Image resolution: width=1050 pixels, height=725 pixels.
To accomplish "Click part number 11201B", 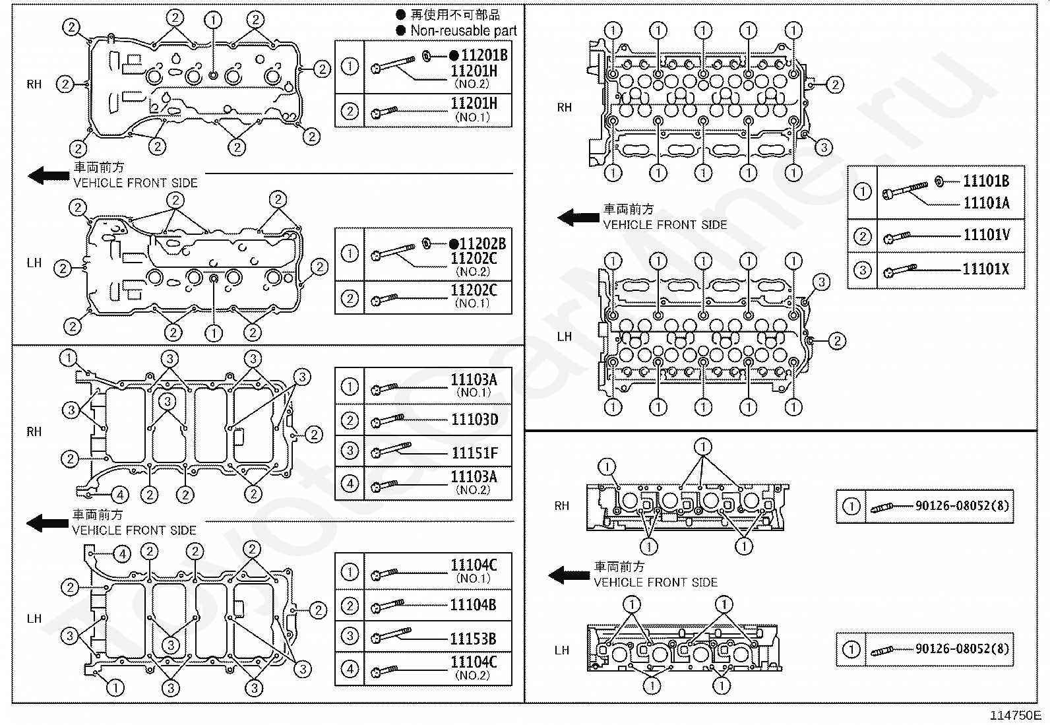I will click(x=483, y=55).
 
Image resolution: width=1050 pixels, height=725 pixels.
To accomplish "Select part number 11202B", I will click(x=483, y=244).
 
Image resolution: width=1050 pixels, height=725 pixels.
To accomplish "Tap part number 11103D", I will click(x=474, y=420).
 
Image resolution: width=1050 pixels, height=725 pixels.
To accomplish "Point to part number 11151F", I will click(x=474, y=453).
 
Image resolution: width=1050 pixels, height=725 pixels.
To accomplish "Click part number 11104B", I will click(x=473, y=605).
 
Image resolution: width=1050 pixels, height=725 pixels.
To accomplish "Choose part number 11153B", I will click(x=473, y=639).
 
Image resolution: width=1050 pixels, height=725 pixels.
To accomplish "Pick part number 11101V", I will click(x=986, y=236).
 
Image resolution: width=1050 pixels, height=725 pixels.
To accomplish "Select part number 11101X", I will click(x=986, y=269).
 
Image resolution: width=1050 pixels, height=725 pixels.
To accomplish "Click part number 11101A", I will click(x=986, y=203).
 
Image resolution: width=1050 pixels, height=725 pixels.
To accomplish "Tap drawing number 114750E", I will click(x=1014, y=715).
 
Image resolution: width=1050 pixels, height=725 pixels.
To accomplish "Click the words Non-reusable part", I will click(x=464, y=30).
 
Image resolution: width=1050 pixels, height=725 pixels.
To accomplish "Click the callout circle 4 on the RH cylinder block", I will click(x=119, y=494).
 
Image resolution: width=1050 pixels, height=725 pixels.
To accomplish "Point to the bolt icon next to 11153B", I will click(x=390, y=637).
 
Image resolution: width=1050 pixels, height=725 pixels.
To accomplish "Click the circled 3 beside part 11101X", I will click(x=862, y=270).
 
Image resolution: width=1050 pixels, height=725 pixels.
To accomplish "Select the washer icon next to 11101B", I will click(x=939, y=181).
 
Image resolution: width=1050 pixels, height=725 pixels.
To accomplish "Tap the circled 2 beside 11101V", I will click(x=862, y=236).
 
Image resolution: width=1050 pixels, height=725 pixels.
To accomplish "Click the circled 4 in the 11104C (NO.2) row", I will click(x=350, y=669).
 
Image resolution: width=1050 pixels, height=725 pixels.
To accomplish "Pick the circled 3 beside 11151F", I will click(x=350, y=451).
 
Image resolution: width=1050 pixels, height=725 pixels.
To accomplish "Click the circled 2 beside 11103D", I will click(x=350, y=420).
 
